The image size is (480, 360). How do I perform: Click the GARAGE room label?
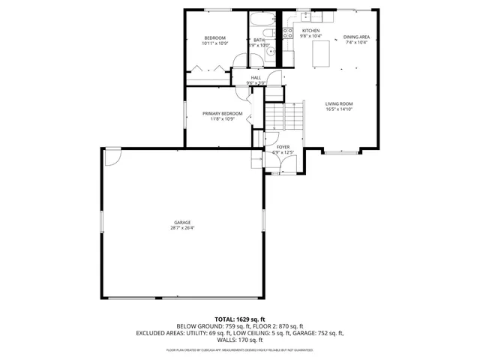(x=182, y=222)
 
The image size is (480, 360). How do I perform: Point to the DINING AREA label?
(x=355, y=37)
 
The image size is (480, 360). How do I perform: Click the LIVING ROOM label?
(x=339, y=103)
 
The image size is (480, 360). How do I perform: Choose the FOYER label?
(x=283, y=147)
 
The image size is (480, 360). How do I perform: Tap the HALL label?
(x=256, y=77)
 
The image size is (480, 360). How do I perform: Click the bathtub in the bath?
(x=263, y=20)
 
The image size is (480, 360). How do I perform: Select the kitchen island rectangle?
(x=321, y=53)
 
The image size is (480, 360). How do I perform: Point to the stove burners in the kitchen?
(x=287, y=32)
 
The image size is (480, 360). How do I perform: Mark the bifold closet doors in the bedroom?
(x=209, y=70)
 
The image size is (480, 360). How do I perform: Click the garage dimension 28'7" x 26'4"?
(x=182, y=228)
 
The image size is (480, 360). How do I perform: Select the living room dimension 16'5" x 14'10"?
(x=339, y=109)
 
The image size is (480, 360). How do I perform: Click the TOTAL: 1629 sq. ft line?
(x=239, y=319)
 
